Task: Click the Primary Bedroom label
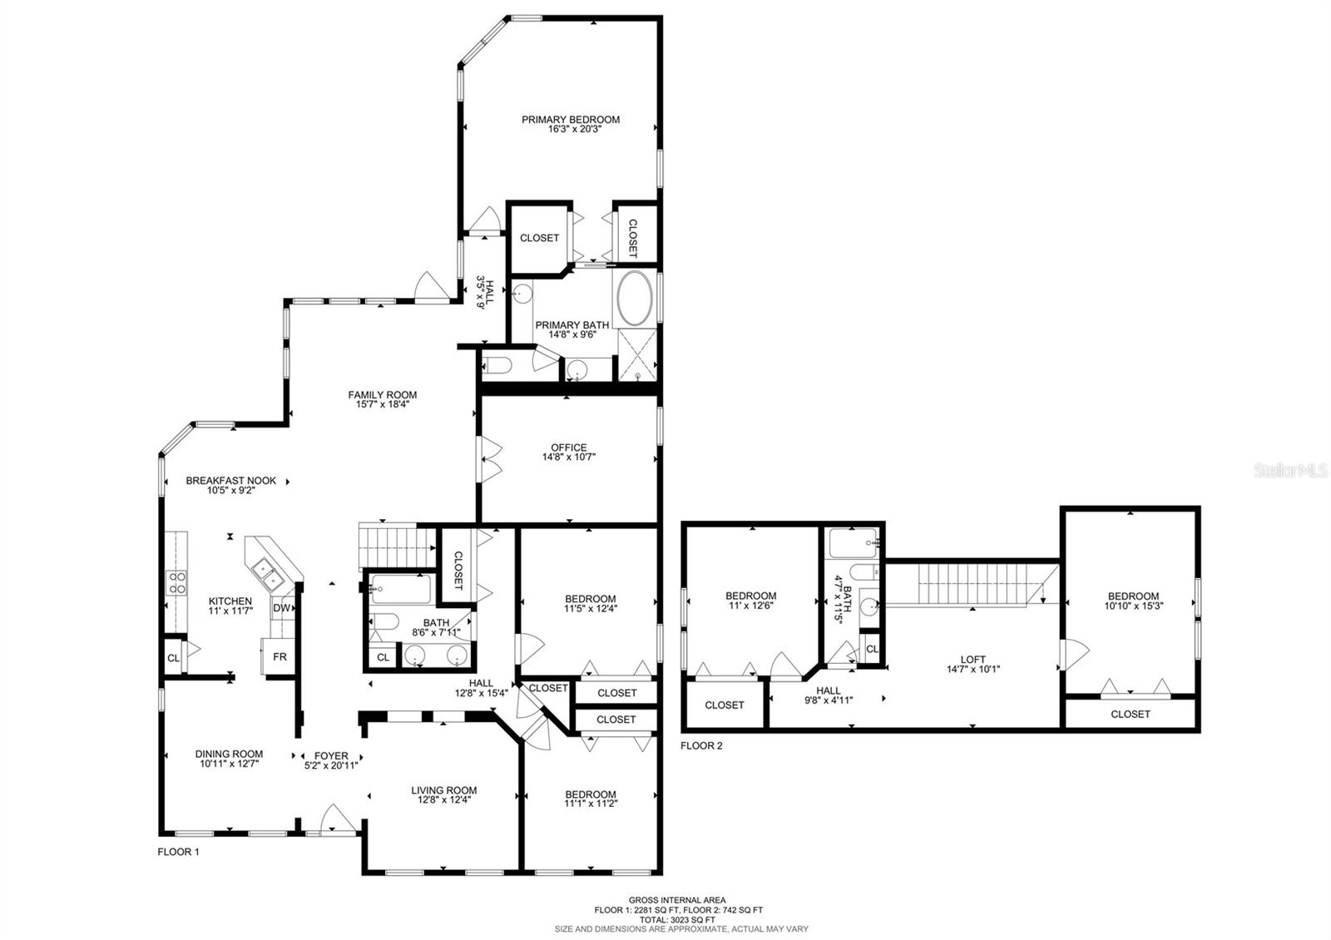[571, 120]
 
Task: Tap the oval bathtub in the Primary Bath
[636, 298]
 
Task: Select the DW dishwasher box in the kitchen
[281, 608]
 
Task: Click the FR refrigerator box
[280, 656]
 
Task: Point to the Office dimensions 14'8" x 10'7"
[569, 457]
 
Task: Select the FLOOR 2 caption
[701, 745]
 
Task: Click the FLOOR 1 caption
[179, 852]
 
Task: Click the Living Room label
[444, 790]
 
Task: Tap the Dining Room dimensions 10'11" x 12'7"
[229, 764]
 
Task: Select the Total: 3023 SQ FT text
[677, 919]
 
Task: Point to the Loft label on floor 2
[973, 660]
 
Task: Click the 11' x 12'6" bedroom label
[751, 596]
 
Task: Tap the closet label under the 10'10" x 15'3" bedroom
[1131, 714]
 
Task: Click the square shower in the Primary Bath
[636, 354]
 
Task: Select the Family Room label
[383, 395]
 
